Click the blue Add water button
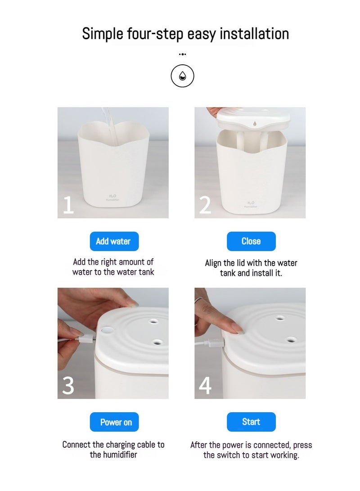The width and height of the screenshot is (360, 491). tap(114, 241)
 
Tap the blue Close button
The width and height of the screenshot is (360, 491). tap(251, 241)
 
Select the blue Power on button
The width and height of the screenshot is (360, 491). tap(114, 422)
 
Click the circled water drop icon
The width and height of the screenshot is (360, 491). tap(183, 76)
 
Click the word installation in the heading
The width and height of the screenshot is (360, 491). tap(254, 34)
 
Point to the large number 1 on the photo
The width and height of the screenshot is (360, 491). tap(68, 205)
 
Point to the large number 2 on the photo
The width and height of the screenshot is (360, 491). tap(205, 205)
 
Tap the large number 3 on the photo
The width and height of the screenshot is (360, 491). tap(68, 386)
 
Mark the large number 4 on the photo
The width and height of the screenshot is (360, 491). tap(205, 386)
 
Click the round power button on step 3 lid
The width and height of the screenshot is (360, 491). tap(107, 330)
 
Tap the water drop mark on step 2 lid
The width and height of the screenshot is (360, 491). tap(255, 124)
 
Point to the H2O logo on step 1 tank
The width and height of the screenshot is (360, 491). tap(112, 198)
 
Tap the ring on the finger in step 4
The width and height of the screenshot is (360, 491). tap(198, 300)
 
